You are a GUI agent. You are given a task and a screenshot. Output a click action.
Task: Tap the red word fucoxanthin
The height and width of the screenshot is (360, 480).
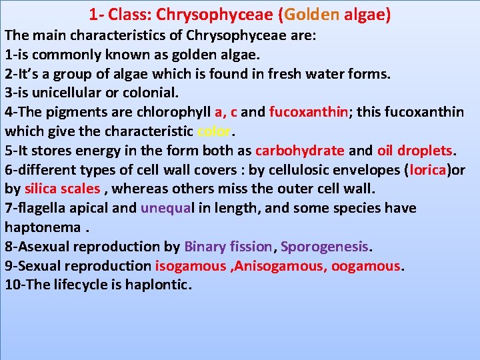pyautogui.click(x=309, y=112)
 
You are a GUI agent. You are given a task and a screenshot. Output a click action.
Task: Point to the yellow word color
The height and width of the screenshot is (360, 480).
pyautogui.click(x=214, y=131)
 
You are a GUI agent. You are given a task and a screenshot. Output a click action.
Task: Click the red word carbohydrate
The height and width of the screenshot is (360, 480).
pyautogui.click(x=300, y=151)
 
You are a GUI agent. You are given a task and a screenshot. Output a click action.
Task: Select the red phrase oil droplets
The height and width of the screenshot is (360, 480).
pyautogui.click(x=415, y=151)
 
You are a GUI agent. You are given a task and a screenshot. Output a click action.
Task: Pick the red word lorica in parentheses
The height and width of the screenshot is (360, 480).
pyautogui.click(x=427, y=170)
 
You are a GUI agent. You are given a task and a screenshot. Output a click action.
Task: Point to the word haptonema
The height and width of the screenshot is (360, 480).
pyautogui.click(x=42, y=227)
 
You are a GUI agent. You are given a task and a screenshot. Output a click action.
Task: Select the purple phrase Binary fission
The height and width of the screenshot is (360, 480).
pyautogui.click(x=228, y=247)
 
